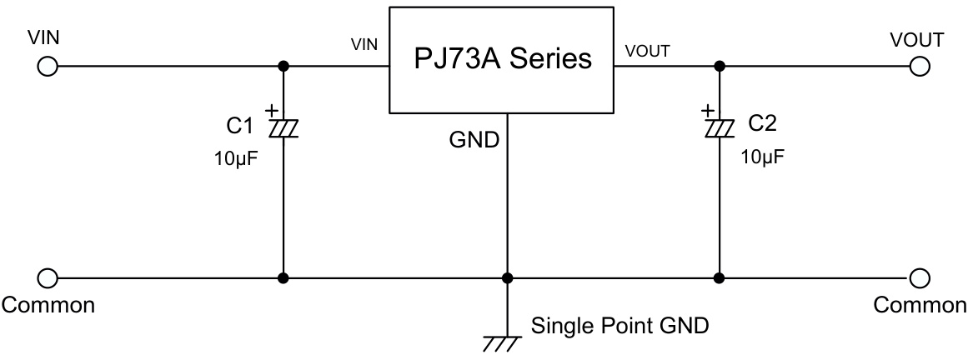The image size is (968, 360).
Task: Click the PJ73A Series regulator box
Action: tap(503, 59)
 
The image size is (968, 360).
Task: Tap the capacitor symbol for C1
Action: tap(283, 127)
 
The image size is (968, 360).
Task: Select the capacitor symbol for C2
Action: tap(719, 127)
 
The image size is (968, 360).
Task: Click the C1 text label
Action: tap(239, 126)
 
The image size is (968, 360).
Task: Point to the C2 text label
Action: tap(762, 124)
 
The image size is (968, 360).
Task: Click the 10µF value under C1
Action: tap(237, 157)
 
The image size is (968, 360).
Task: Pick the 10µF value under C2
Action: tap(762, 157)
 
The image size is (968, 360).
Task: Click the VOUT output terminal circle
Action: tap(920, 67)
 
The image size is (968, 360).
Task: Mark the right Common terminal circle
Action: tap(920, 277)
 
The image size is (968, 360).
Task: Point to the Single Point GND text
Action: tap(619, 325)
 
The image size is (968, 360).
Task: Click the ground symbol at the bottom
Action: tap(502, 339)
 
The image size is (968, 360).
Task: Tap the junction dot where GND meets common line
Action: tap(506, 277)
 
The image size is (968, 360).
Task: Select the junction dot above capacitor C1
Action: tap(283, 67)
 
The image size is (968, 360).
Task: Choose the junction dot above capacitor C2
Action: tap(719, 67)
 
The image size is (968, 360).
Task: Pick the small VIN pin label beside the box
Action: tap(365, 45)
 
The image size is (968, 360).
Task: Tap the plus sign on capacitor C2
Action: tap(707, 109)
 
